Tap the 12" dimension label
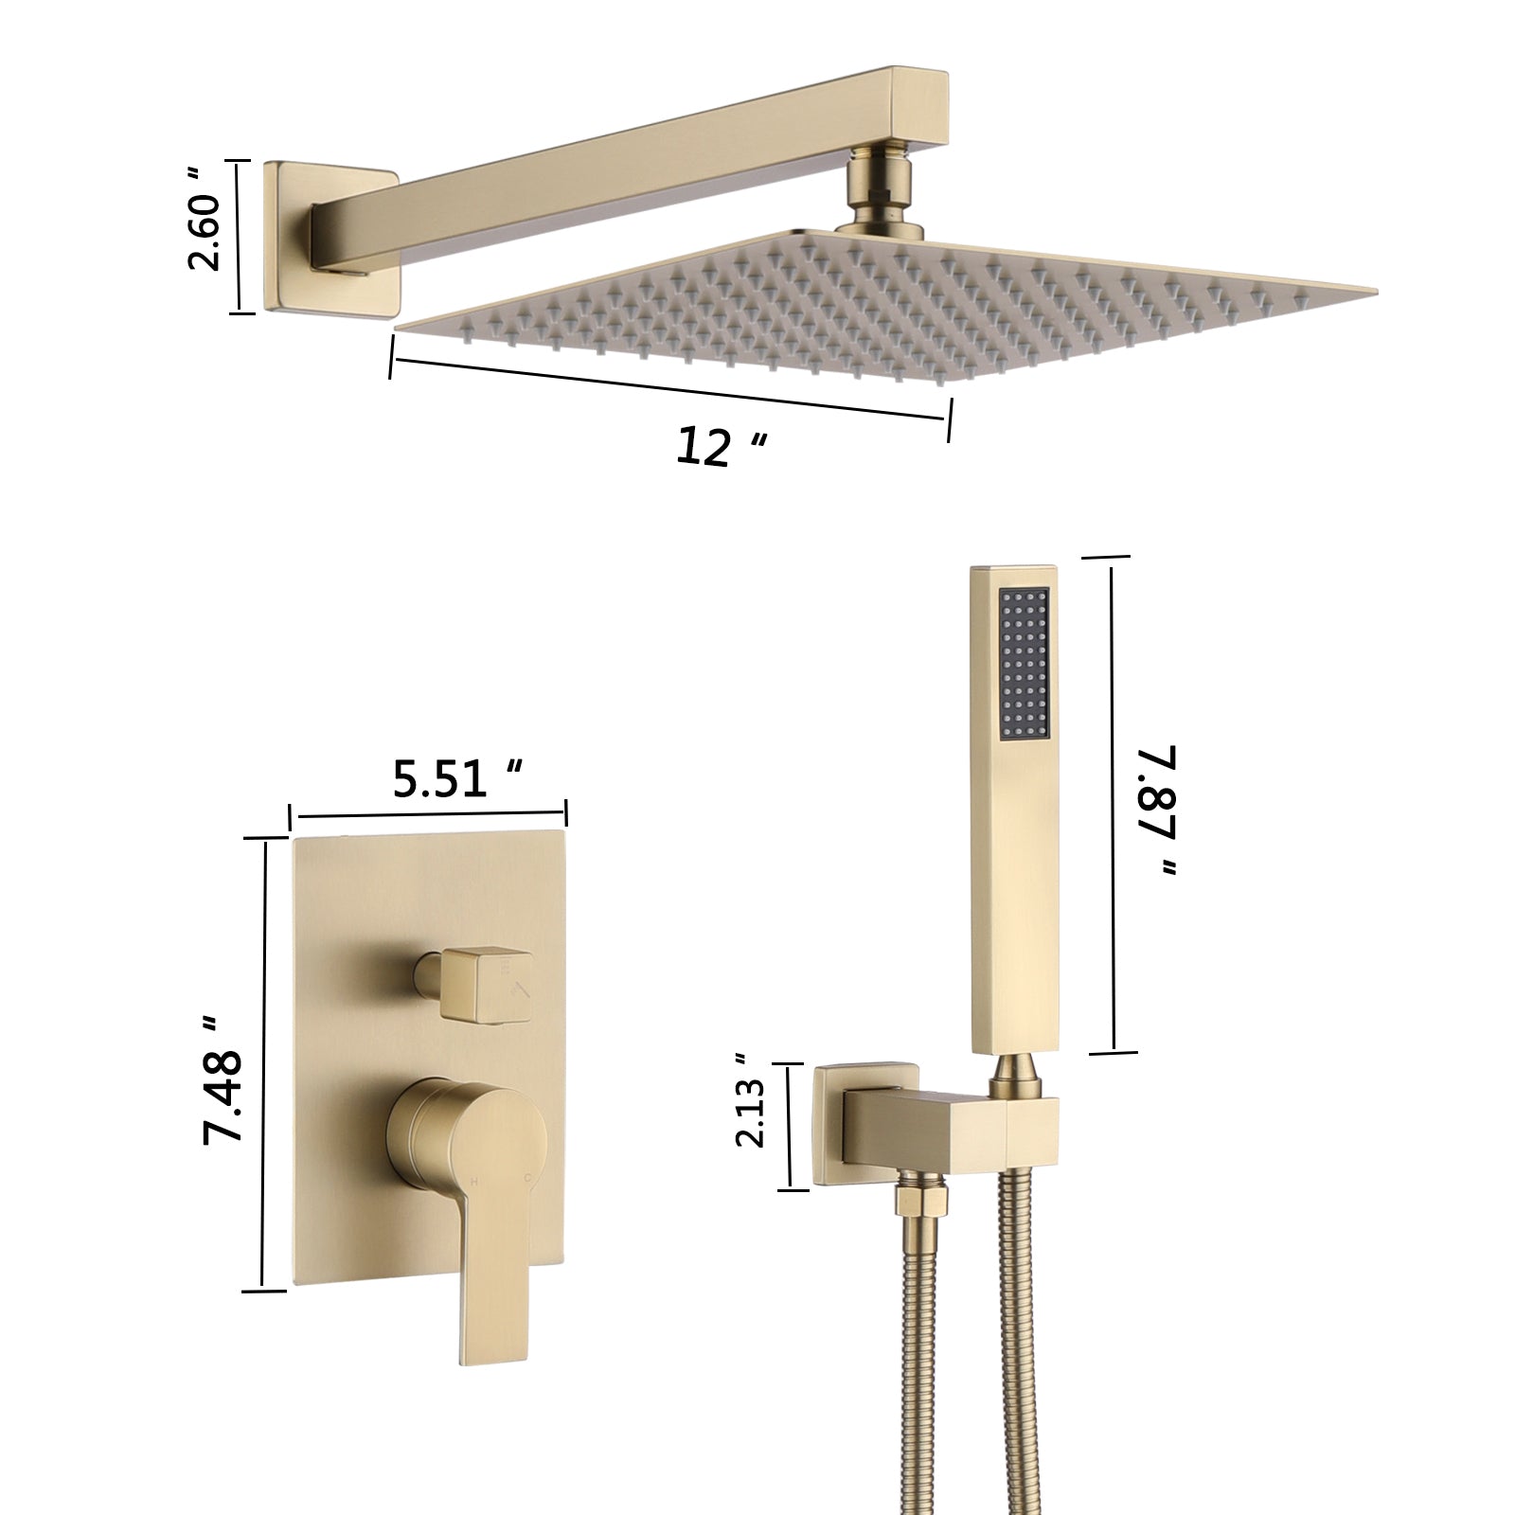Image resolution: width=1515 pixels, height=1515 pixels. (x=718, y=446)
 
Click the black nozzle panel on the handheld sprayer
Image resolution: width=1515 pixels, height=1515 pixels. (x=1024, y=662)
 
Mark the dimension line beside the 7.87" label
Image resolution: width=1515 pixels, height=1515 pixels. (x=1113, y=805)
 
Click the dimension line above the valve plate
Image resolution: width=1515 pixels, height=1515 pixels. (x=428, y=814)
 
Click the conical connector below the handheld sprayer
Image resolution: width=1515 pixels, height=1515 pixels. (x=1015, y=1075)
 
